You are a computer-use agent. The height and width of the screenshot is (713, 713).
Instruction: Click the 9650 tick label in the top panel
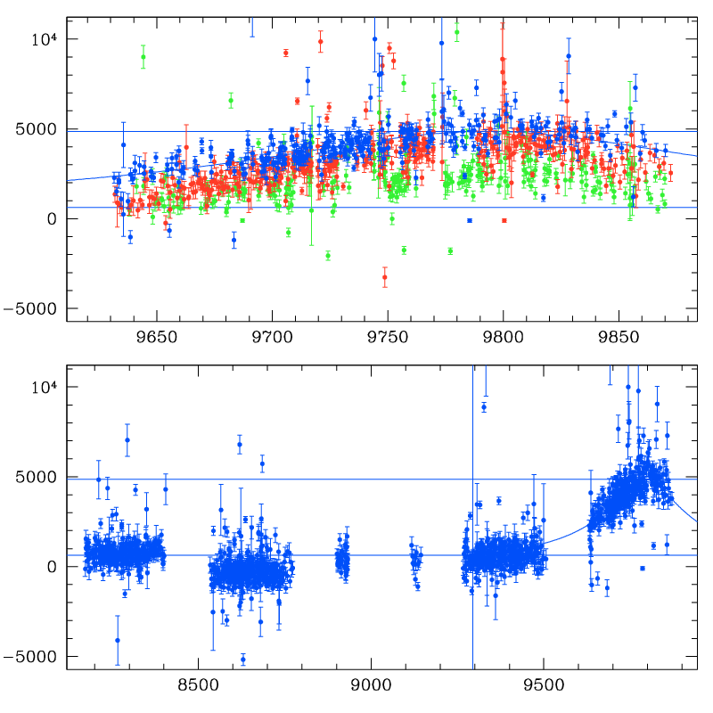(x=156, y=340)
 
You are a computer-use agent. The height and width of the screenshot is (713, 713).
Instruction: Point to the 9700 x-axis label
(x=272, y=340)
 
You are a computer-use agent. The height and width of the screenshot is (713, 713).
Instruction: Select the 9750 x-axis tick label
(x=388, y=340)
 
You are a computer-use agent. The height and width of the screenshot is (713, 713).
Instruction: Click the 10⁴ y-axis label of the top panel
(x=45, y=39)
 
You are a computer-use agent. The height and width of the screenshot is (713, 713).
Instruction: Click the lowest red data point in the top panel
(x=385, y=277)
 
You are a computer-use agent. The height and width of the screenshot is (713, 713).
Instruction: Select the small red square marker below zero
(x=504, y=220)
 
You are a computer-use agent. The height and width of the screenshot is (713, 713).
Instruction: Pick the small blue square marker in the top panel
(x=469, y=220)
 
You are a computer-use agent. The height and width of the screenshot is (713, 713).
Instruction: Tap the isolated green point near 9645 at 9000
(x=143, y=57)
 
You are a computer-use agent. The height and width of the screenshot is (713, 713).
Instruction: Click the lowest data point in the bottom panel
(x=242, y=660)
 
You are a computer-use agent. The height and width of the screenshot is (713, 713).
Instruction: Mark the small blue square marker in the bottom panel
(x=642, y=568)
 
